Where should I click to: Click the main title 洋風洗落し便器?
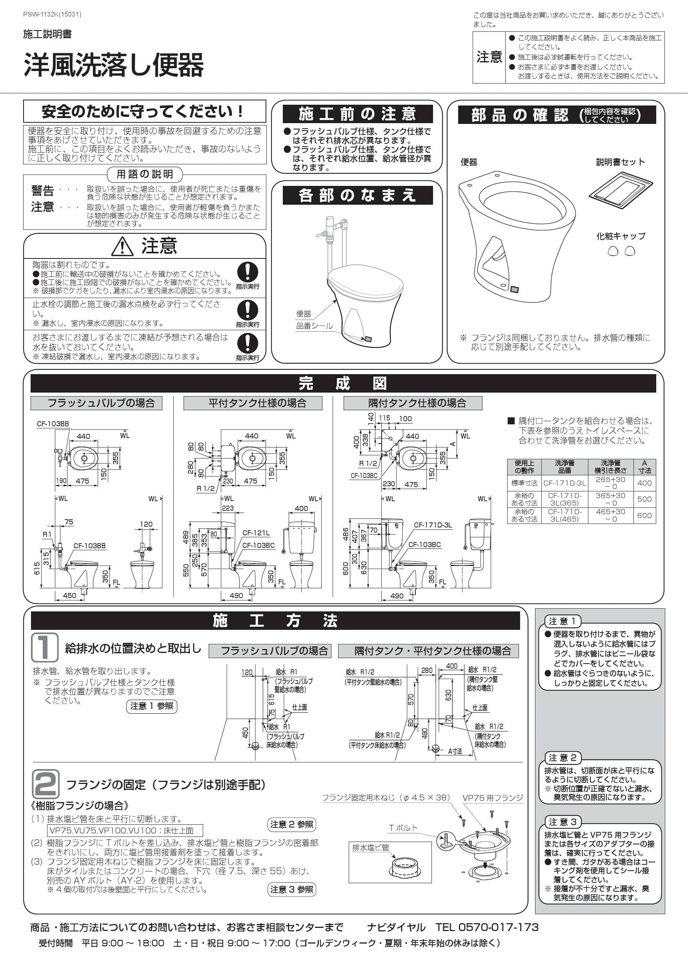pyautogui.click(x=114, y=65)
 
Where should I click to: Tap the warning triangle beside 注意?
pyautogui.click(x=122, y=246)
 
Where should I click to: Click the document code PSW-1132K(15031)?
pyautogui.click(x=52, y=15)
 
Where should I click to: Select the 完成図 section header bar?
pyautogui.click(x=343, y=384)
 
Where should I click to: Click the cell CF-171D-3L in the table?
pyautogui.click(x=564, y=483)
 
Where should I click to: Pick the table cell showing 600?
pyautogui.click(x=644, y=515)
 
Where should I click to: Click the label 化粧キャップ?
pyautogui.click(x=621, y=236)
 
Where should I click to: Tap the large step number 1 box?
pyautogui.click(x=44, y=647)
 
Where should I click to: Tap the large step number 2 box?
pyautogui.click(x=46, y=784)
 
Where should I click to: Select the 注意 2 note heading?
pyautogui.click(x=562, y=757)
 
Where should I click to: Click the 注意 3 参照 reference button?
pyautogui.click(x=292, y=889)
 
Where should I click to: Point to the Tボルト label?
pyautogui.click(x=403, y=827)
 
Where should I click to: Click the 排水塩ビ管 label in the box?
pyautogui.click(x=371, y=848)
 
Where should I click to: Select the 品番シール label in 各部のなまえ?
pyautogui.click(x=314, y=326)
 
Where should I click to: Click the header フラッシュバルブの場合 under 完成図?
pyautogui.click(x=96, y=403)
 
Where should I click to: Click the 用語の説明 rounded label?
pyautogui.click(x=145, y=174)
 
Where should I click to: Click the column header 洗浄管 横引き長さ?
pyautogui.click(x=610, y=467)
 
